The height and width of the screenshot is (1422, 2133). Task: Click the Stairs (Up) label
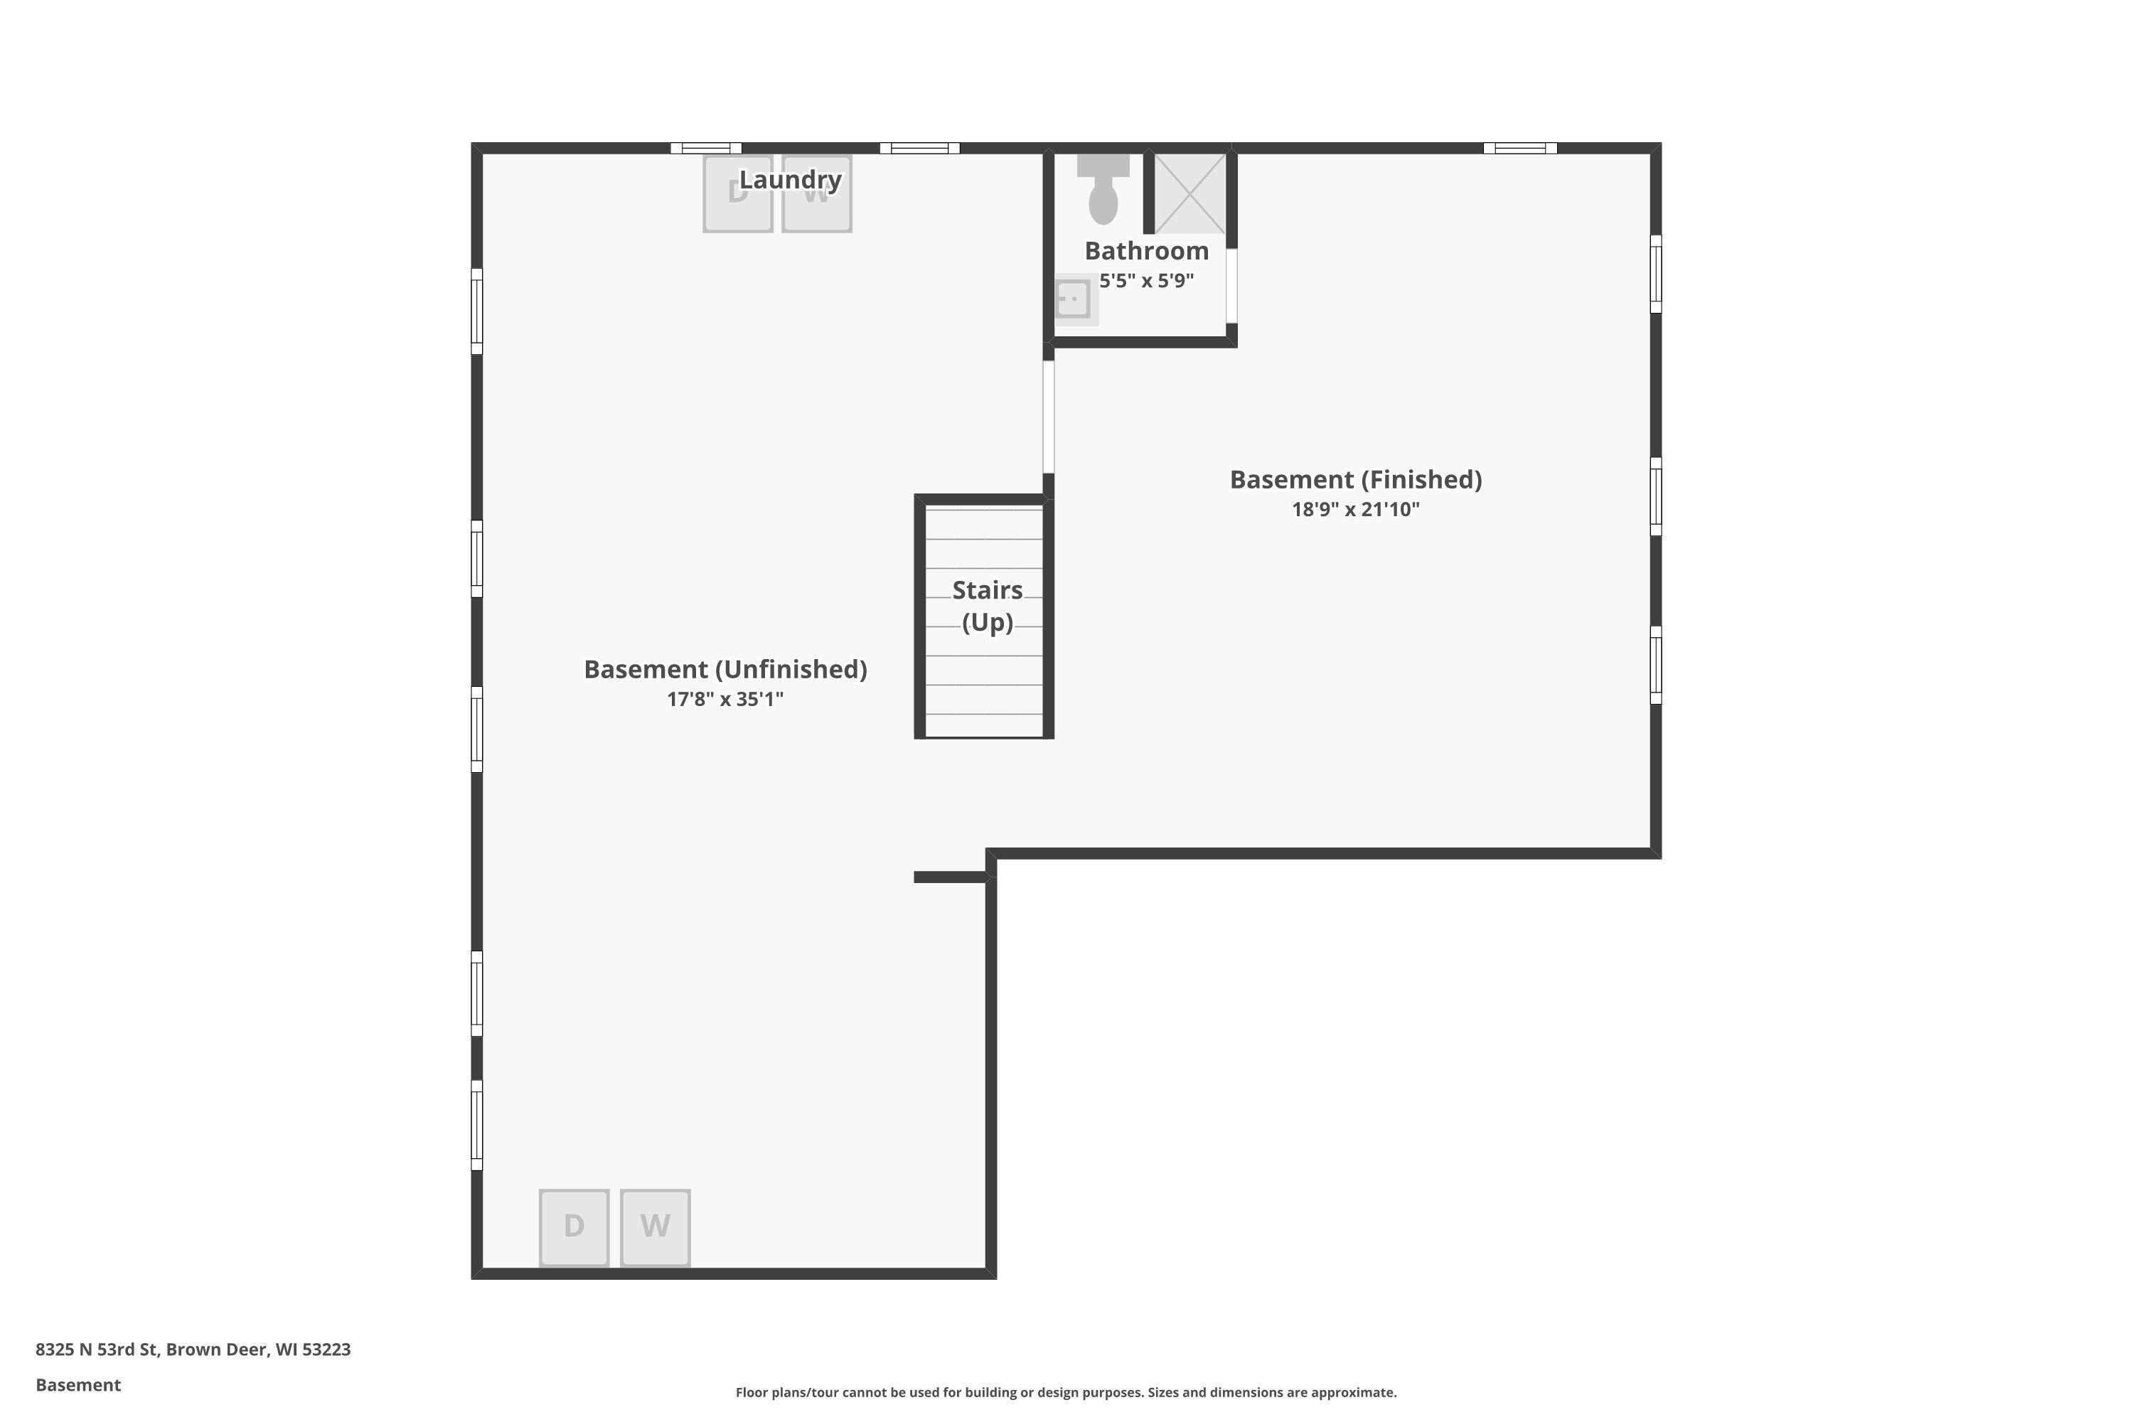988,606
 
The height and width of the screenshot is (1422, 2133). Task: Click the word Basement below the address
78,1385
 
